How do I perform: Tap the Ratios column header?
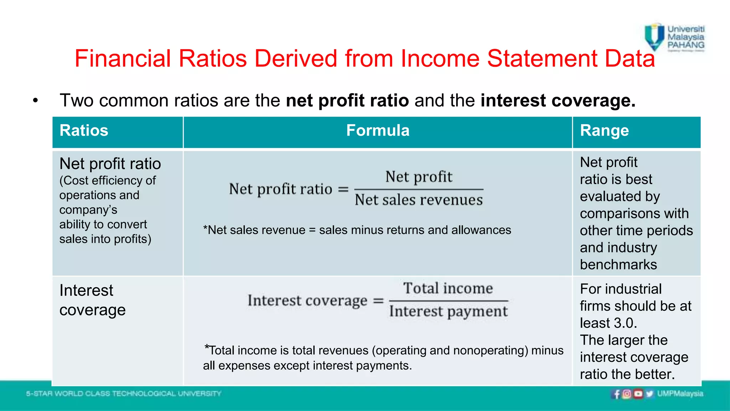pyautogui.click(x=84, y=131)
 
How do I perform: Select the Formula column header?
pyautogui.click(x=378, y=131)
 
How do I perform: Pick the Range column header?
pyautogui.click(x=604, y=131)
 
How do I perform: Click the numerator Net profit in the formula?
pyautogui.click(x=419, y=177)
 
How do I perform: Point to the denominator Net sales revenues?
pyautogui.click(x=419, y=200)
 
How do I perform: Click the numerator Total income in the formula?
pyautogui.click(x=448, y=288)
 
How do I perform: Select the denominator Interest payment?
pyautogui.click(x=448, y=311)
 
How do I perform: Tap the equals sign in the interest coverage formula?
pyautogui.click(x=378, y=301)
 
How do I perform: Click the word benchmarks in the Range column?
pyautogui.click(x=618, y=265)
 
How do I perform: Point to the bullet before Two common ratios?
pyautogui.click(x=35, y=101)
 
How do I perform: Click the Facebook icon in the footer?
pyautogui.click(x=617, y=394)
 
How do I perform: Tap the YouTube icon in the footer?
pyautogui.click(x=638, y=394)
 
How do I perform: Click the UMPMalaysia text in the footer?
pyautogui.click(x=680, y=394)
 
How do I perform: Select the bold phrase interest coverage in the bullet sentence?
pyautogui.click(x=558, y=101)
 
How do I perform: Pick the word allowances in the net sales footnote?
pyautogui.click(x=481, y=230)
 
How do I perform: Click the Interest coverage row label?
pyautogui.click(x=92, y=300)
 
